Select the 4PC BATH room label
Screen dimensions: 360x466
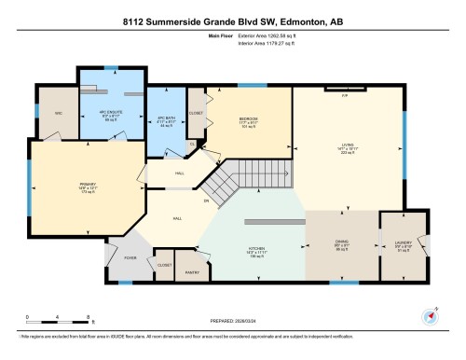pyautogui.click(x=166, y=121)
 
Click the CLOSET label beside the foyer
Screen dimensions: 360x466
pyautogui.click(x=164, y=266)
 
